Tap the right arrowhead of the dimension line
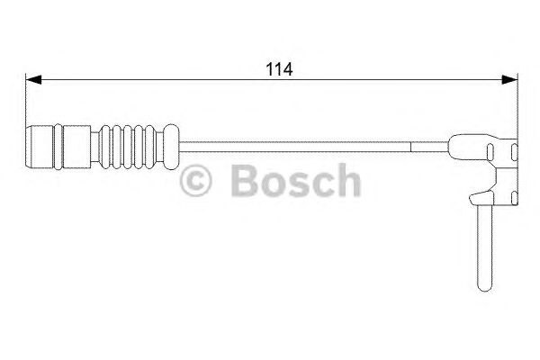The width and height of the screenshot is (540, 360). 511,79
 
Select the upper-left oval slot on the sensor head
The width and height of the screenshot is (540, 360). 490,151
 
